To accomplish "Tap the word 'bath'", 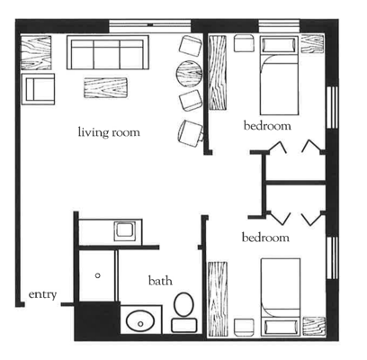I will (160, 282).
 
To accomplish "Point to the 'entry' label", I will (43, 294).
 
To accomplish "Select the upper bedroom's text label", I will (267, 127).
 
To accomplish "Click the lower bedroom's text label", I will (265, 238).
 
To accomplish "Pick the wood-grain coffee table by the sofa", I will (107, 88).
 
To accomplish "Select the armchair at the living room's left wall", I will (39, 88).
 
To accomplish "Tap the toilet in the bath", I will (183, 307).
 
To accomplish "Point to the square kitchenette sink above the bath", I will (123, 231).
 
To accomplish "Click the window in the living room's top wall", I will (157, 21).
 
